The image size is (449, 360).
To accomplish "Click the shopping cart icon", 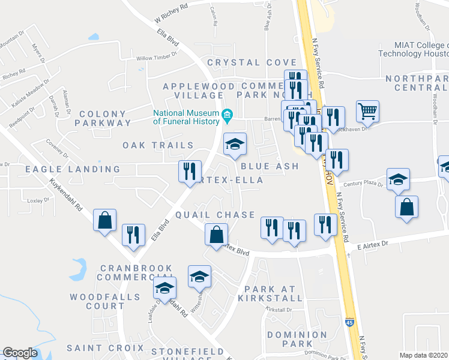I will click(367, 111).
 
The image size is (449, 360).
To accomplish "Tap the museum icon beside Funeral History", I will click(228, 114).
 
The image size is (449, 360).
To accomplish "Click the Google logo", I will click(20, 353).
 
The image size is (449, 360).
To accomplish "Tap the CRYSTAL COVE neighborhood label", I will click(252, 62).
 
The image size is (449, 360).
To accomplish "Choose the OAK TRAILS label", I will click(158, 145).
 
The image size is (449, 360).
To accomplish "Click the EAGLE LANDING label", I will click(65, 170).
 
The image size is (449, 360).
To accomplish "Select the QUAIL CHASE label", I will click(215, 215).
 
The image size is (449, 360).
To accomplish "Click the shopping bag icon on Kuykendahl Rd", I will click(105, 220).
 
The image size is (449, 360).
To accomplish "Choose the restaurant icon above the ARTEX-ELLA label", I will click(190, 172).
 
